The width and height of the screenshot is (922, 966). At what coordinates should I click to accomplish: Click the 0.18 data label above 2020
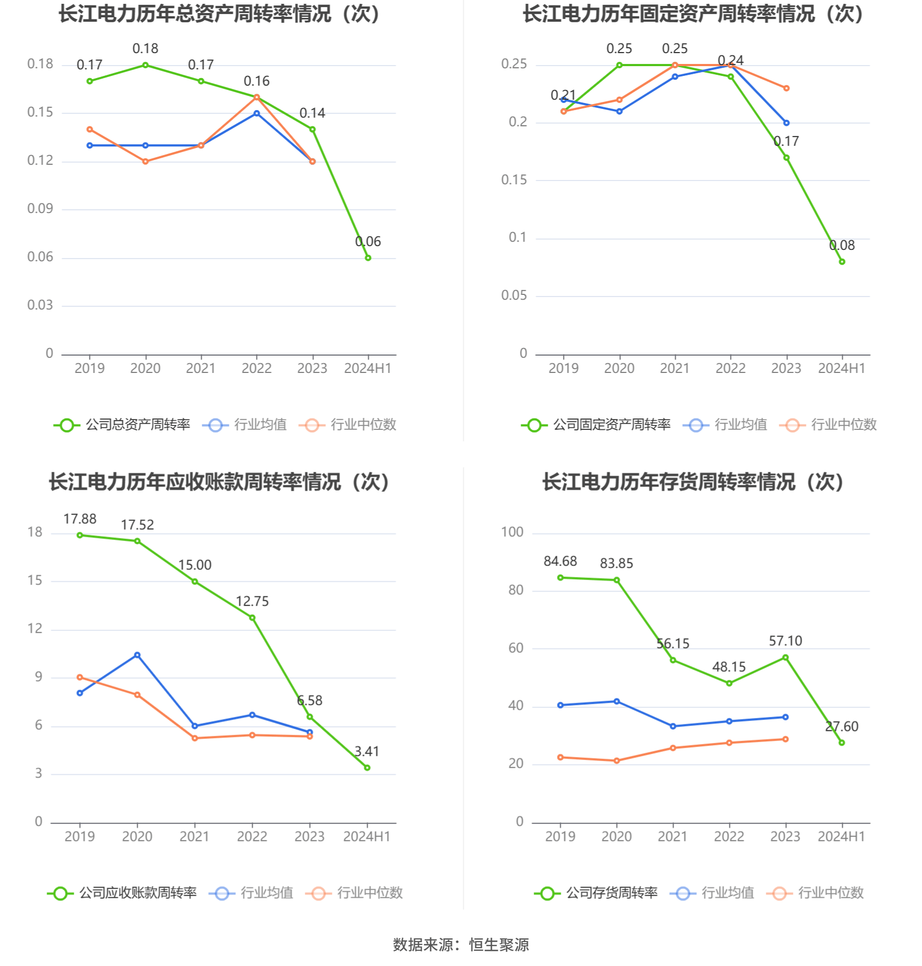[145, 49]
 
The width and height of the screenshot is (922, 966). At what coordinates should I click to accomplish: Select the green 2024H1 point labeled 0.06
[368, 258]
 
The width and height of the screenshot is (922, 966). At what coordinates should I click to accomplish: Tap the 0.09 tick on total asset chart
[40, 209]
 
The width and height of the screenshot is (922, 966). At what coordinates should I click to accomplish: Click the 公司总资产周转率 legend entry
[123, 425]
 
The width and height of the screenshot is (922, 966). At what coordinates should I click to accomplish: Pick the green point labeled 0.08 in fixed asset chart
[842, 262]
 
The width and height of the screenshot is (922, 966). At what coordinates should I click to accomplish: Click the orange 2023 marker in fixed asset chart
[786, 88]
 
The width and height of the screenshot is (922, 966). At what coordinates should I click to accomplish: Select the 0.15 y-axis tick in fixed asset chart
[514, 180]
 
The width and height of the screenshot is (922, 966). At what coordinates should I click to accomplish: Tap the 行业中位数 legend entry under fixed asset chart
[828, 425]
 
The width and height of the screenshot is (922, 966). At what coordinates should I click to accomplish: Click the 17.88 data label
[80, 519]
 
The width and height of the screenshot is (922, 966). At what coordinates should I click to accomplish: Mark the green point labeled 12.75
[252, 618]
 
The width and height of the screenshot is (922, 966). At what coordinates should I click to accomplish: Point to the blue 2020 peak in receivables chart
[137, 655]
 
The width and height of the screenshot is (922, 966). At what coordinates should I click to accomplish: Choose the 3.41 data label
[367, 752]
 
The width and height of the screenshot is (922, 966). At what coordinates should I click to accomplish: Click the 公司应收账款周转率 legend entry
[123, 893]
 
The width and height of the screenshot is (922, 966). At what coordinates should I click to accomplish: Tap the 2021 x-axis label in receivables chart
[194, 836]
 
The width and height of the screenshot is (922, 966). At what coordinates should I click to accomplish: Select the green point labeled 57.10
[785, 658]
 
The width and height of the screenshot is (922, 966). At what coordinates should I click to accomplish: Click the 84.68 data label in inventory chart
[560, 562]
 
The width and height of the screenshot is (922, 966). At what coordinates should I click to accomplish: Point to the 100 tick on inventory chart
[512, 532]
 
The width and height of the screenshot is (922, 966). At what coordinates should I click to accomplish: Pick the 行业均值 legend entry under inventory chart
[712, 893]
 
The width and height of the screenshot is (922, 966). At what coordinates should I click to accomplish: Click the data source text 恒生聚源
[499, 945]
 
